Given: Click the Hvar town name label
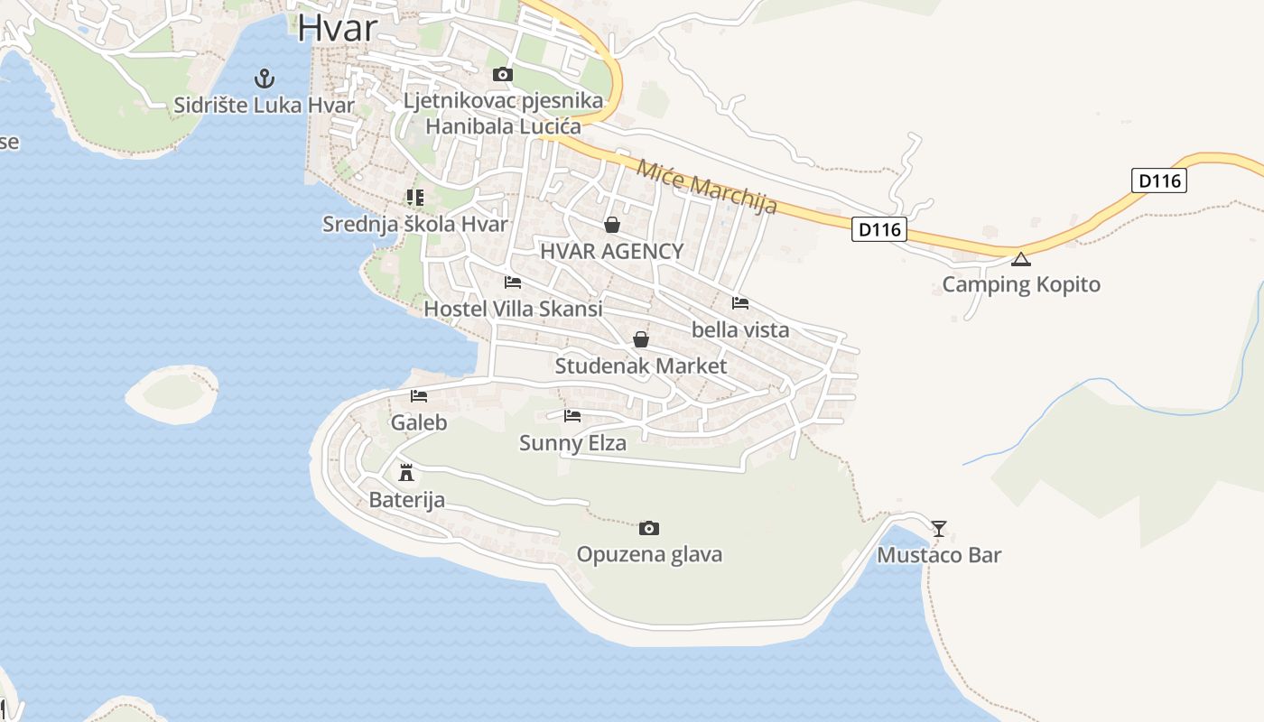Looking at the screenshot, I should [337, 27].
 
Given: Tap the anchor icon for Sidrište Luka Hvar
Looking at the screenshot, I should [265, 79].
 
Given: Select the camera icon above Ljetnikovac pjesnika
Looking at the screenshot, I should [503, 75].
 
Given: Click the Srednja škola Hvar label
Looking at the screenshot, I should [415, 224].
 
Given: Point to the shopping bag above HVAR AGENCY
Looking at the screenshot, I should [612, 225].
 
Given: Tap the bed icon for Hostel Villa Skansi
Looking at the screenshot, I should [513, 282].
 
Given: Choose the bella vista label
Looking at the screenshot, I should [740, 329].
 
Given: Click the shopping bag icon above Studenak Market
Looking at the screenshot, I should [641, 339].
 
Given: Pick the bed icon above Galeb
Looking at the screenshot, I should [419, 396].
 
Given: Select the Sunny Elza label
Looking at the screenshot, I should [572, 443].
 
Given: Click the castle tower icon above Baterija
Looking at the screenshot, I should [406, 472].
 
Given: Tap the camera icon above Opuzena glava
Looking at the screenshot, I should [648, 528].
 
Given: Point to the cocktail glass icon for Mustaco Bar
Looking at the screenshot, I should [939, 528].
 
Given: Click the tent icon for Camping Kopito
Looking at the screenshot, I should [1021, 260].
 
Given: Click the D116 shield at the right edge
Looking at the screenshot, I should [1159, 180].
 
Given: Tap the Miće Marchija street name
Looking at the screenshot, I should [707, 187].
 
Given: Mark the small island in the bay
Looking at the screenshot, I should [172, 393].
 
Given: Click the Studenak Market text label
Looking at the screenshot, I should [640, 366].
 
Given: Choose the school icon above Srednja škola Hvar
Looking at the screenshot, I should [415, 197].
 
